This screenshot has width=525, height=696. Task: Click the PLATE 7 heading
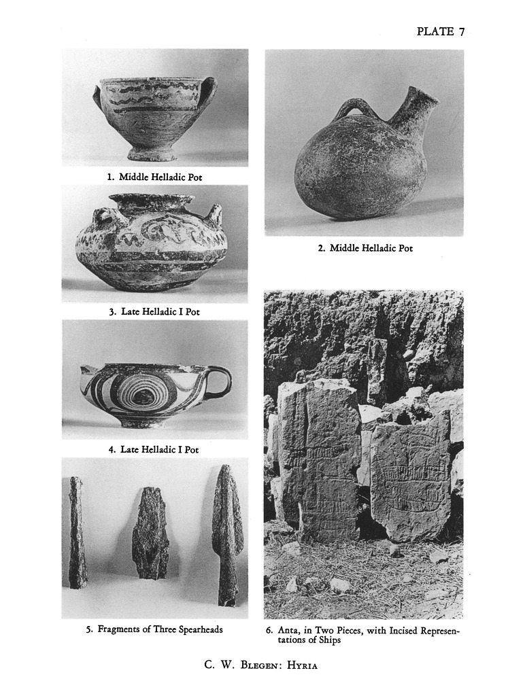(441, 31)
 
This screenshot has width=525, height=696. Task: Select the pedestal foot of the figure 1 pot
(151, 154)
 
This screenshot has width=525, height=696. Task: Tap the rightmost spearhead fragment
(227, 535)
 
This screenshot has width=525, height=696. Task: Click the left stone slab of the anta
(319, 459)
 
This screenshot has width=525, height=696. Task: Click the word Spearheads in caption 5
(199, 629)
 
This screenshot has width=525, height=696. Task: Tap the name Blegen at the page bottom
(259, 665)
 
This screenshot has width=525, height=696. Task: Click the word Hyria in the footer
(302, 665)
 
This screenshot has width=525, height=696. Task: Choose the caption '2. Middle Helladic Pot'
(365, 248)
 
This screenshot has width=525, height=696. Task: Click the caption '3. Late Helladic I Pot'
(154, 311)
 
